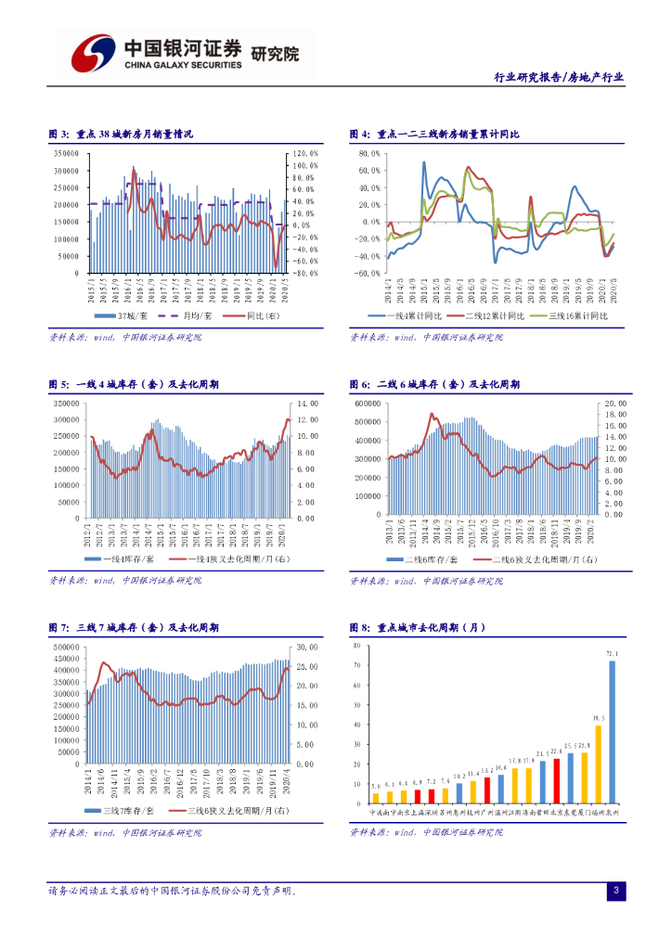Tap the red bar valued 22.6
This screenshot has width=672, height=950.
pyautogui.click(x=557, y=780)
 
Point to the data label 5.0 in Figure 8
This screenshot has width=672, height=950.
pyautogui.click(x=375, y=786)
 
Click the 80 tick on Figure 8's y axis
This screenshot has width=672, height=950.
pyautogui.click(x=356, y=644)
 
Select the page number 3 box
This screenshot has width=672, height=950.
pyautogui.click(x=614, y=892)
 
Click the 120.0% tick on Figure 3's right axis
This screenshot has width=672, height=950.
pyautogui.click(x=306, y=153)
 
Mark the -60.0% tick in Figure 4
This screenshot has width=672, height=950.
pyautogui.click(x=368, y=274)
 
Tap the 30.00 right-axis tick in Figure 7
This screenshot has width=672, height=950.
pyautogui.click(x=307, y=647)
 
